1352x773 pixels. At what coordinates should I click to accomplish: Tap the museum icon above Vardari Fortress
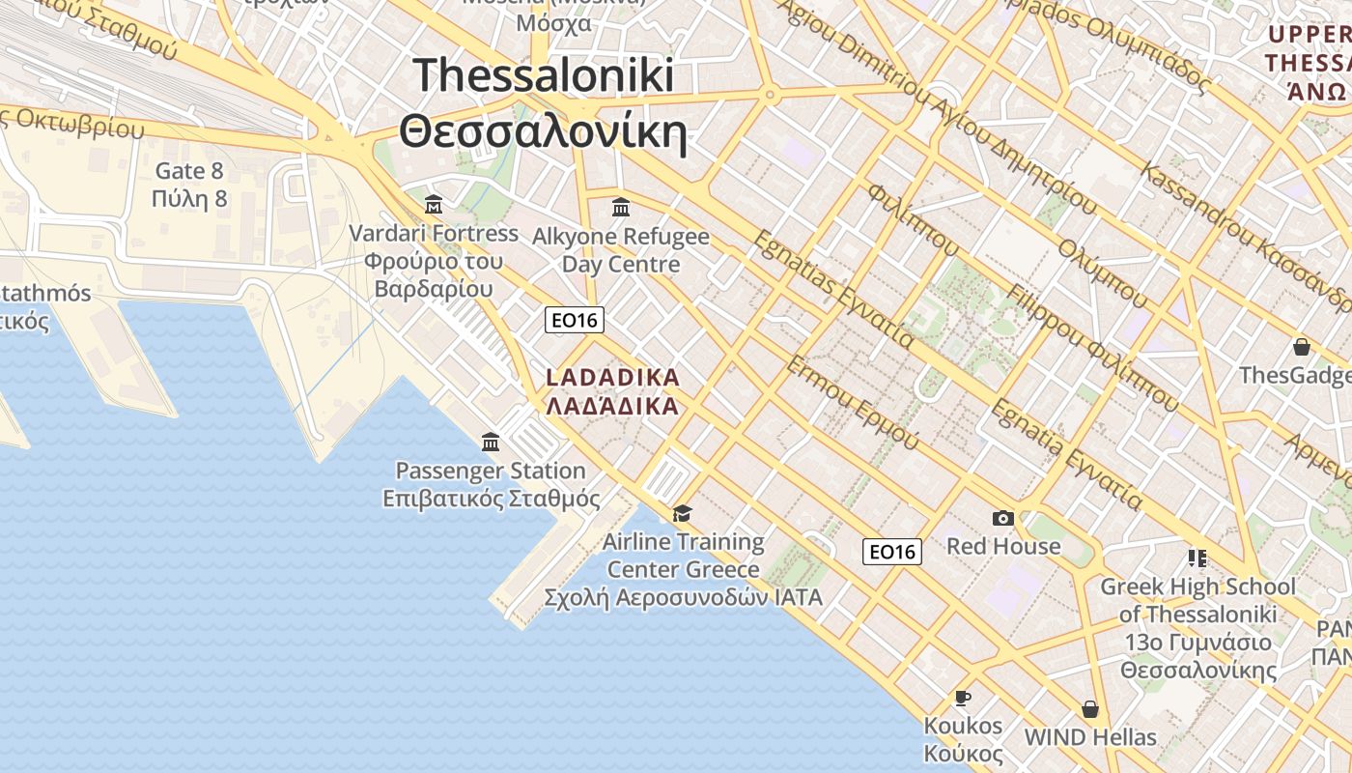[434, 205]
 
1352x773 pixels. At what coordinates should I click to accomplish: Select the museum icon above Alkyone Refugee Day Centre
[621, 207]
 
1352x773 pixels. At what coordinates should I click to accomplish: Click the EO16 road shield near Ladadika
[575, 320]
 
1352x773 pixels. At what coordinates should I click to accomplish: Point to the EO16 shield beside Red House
[892, 552]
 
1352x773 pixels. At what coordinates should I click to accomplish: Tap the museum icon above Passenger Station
[491, 443]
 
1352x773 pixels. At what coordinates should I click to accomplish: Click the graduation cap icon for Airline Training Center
[683, 513]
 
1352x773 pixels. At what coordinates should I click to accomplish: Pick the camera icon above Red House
[1003, 519]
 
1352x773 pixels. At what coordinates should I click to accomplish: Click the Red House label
[1003, 546]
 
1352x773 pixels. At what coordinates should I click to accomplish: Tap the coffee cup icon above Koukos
[962, 698]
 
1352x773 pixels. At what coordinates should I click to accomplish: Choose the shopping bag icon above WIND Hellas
[1090, 709]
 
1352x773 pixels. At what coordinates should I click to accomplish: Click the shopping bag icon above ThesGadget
[1302, 347]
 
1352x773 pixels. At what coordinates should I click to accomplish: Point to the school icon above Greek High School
[1197, 558]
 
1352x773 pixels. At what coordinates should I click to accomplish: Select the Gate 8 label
[189, 172]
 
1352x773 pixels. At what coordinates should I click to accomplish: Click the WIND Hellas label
[1090, 737]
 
